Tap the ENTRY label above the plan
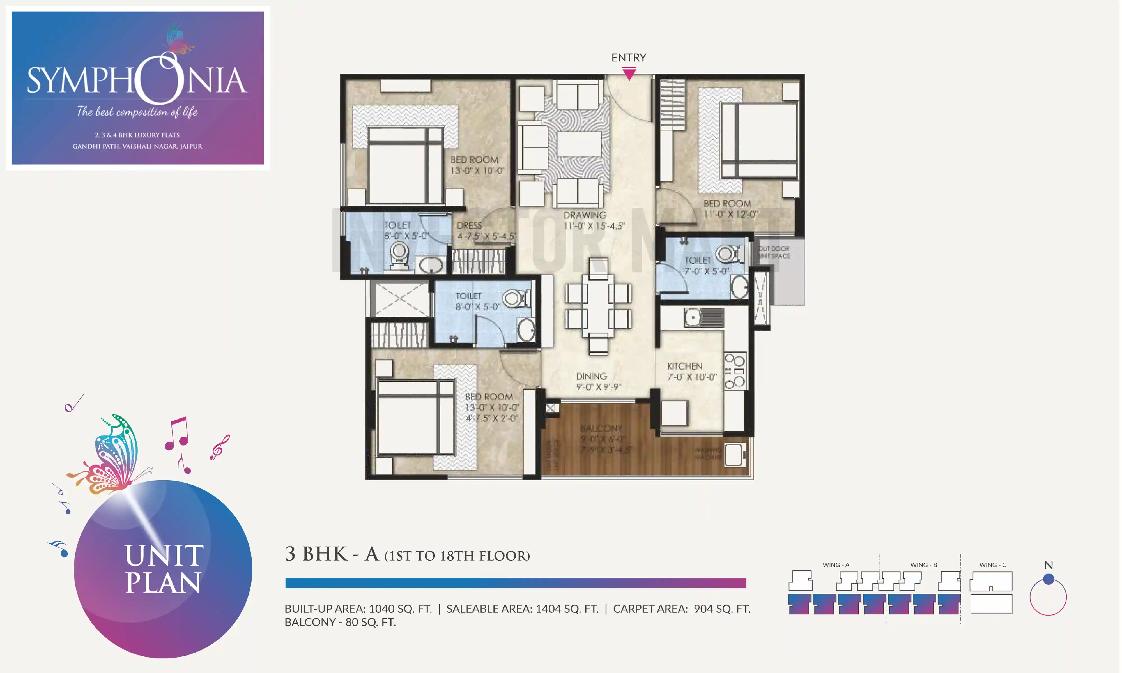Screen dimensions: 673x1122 [x=629, y=57]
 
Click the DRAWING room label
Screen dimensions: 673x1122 [x=585, y=215]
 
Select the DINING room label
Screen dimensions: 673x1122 [x=591, y=376]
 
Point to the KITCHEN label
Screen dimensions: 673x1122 [x=684, y=366]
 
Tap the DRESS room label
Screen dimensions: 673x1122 [x=469, y=225]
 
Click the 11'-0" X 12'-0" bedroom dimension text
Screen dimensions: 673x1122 [x=730, y=214]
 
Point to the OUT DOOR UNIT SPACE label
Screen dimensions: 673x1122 [x=774, y=252]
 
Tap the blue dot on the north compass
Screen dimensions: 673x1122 [x=1048, y=579]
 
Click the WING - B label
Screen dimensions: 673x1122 [x=923, y=564]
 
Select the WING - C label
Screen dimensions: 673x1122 [x=992, y=564]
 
